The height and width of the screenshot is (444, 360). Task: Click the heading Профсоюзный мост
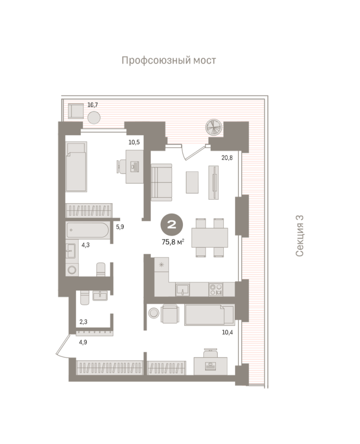click(169, 60)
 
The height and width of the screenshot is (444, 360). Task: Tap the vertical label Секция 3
click(299, 236)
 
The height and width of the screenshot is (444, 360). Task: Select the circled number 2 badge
click(172, 225)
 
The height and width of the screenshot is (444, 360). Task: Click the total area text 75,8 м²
click(173, 242)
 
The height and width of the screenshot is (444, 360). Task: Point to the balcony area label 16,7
click(92, 105)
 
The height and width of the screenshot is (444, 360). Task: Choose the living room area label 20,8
click(227, 158)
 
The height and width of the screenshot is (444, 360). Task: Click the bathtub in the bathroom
click(87, 230)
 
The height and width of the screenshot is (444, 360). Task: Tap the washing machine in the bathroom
click(72, 269)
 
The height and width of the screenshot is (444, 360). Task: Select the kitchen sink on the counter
click(182, 289)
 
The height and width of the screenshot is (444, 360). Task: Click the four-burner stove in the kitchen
click(216, 289)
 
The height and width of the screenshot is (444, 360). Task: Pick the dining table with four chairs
click(210, 238)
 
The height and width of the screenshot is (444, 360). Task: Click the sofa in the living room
click(161, 182)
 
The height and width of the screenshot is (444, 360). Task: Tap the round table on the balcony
click(94, 117)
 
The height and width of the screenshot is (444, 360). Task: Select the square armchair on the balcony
click(76, 111)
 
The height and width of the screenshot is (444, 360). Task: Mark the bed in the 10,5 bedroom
click(76, 167)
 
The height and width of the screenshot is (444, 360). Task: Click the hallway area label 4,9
click(83, 342)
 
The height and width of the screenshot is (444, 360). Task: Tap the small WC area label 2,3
click(83, 322)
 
